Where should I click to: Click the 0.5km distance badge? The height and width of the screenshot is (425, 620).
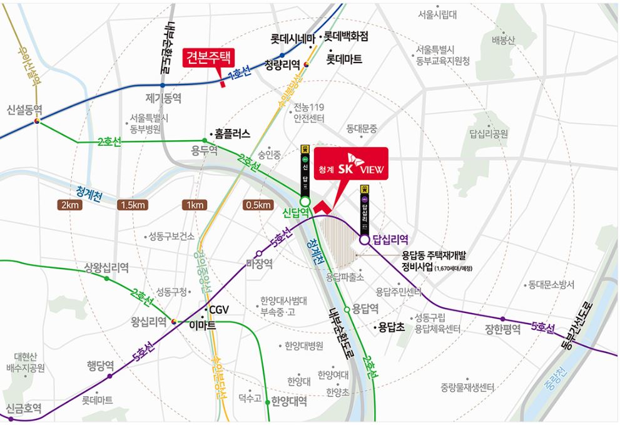click(x=258, y=205)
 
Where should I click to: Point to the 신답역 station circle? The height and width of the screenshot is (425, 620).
click(x=305, y=202)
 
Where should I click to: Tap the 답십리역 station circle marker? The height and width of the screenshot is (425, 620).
click(x=364, y=238)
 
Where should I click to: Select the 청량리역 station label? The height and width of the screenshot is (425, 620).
click(x=282, y=64)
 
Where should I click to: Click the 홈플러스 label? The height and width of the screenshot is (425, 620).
click(x=232, y=133)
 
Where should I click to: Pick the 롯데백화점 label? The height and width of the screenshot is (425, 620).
click(x=346, y=37)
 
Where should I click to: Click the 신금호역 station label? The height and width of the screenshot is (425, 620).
click(x=24, y=409)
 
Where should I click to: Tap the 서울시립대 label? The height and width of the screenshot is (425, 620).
click(x=438, y=14)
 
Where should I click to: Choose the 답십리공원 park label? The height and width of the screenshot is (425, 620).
click(x=489, y=133)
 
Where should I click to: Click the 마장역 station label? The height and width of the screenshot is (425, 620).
click(x=259, y=264)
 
